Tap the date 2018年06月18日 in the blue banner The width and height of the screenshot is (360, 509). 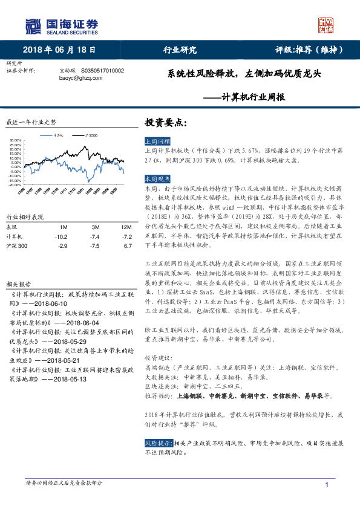(59, 50)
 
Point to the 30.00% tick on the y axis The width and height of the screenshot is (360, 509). (16, 140)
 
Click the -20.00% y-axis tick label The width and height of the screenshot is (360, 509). (16, 185)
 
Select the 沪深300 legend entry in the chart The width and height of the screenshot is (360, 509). (90, 135)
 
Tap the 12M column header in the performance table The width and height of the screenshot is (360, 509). (125, 227)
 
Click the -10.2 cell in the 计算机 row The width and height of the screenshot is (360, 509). (61, 236)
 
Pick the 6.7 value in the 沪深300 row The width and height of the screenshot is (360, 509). (128, 246)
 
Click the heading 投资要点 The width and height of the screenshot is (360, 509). (165, 122)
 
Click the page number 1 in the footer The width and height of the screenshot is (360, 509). (327, 485)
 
